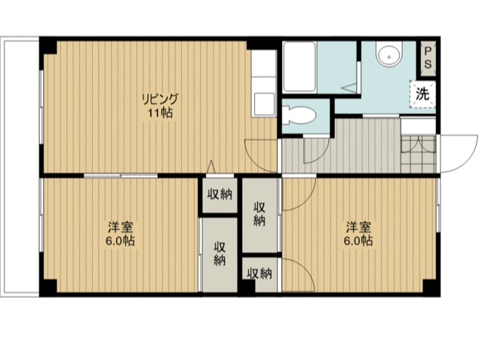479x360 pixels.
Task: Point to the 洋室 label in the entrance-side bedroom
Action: [358, 227]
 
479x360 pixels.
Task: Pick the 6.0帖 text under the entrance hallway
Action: [358, 242]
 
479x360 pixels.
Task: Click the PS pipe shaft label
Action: [428, 58]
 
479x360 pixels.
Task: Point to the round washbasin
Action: [388, 55]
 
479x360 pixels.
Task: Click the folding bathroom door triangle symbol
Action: [352, 87]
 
